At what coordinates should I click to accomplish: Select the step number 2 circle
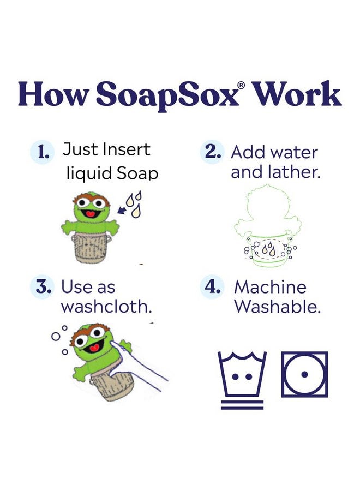click(x=212, y=152)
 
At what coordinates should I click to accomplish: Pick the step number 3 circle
click(x=43, y=288)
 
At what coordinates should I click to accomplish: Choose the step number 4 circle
click(x=212, y=288)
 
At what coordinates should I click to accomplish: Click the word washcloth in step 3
click(x=106, y=307)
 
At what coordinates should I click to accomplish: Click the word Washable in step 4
click(x=278, y=307)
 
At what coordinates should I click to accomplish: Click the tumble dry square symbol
click(x=304, y=374)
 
